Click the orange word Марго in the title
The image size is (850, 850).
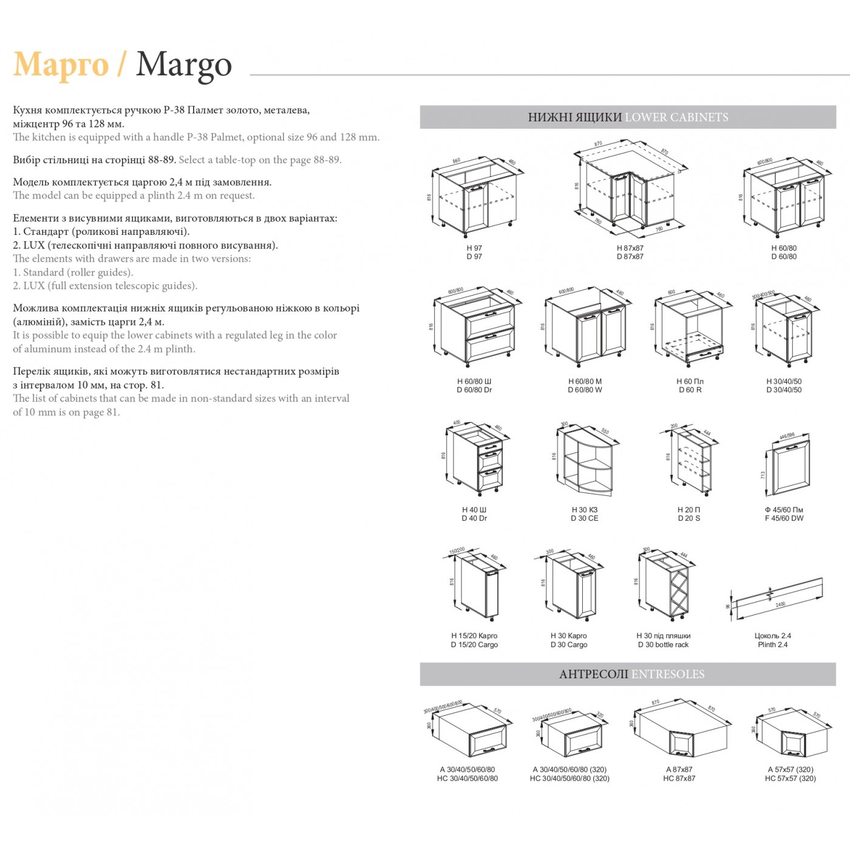coord(61,64)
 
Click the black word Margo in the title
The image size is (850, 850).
coord(184,64)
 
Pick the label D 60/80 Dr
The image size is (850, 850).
coord(474,390)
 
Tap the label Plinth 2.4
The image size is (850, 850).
coord(772,645)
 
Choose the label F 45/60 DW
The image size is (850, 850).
coord(784,518)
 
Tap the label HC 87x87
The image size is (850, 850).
coord(679,778)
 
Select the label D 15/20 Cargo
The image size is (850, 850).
coord(474,645)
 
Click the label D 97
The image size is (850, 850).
coord(474,257)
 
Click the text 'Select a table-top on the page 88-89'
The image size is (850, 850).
coord(260,160)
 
